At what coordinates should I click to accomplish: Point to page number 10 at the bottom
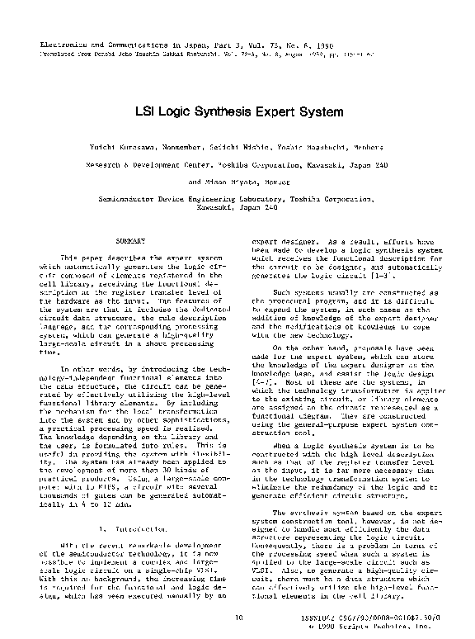coord(238,617)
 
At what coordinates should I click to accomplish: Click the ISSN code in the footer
coord(372,617)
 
